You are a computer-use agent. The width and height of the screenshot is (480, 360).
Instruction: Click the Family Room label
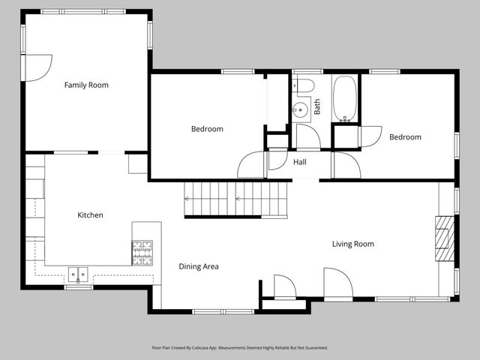(x=86, y=85)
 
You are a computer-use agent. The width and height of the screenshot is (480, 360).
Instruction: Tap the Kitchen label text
(x=90, y=215)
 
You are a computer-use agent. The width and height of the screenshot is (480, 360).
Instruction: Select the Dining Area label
(x=199, y=266)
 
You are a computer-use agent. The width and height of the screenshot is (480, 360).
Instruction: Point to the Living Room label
(x=353, y=244)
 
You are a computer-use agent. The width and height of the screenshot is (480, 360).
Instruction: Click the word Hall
(x=300, y=162)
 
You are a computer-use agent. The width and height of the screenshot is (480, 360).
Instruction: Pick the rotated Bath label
(x=317, y=106)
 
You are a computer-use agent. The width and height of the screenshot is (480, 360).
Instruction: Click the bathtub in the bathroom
(x=345, y=98)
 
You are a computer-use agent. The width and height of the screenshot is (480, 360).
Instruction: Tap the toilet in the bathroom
(x=303, y=85)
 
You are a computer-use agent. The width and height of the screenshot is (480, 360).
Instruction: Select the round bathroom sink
(x=300, y=109)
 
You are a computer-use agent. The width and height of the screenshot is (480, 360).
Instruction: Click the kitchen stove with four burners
(x=142, y=253)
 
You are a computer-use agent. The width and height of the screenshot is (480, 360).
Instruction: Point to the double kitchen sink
(x=78, y=274)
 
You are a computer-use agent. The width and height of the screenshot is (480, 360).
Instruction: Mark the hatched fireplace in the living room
(x=445, y=238)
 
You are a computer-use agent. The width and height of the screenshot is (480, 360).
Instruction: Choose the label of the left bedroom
(x=207, y=129)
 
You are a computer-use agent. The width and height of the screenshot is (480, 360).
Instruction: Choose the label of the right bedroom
(x=405, y=137)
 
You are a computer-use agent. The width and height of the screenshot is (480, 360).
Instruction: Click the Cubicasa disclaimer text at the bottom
(x=240, y=348)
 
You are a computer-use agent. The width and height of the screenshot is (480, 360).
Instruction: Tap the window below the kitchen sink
(x=79, y=287)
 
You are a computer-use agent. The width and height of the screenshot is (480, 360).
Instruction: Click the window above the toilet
(x=307, y=72)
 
